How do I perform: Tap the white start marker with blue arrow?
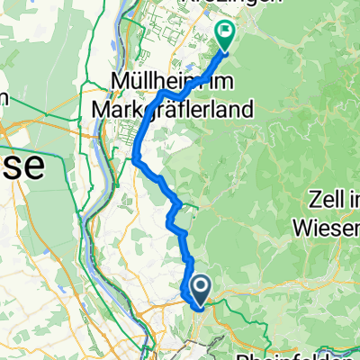[x=200, y=289]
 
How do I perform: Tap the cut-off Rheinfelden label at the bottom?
[x=306, y=354]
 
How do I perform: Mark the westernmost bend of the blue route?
[x=134, y=160]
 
